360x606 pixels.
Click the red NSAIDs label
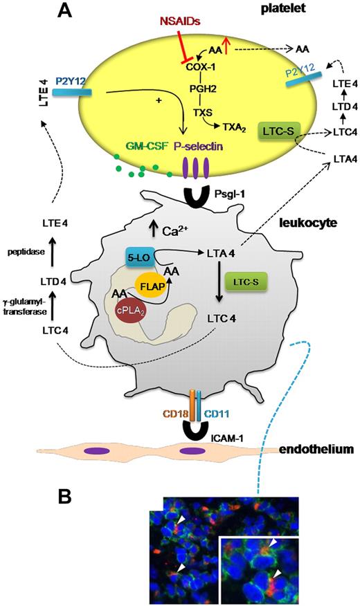[x=160, y=24]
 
